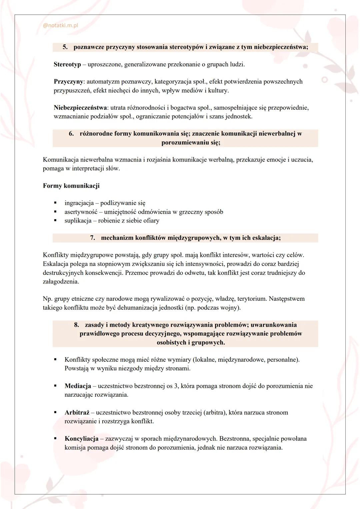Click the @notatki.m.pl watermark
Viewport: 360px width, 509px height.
[x=61, y=25]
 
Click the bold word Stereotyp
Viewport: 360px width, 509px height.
[x=67, y=64]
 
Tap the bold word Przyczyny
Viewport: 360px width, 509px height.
[x=68, y=82]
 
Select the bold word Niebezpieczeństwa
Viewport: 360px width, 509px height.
[x=80, y=108]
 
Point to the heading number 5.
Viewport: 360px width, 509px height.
[x=65, y=47]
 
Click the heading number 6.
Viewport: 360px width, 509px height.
[x=71, y=134]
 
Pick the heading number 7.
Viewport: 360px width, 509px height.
[x=93, y=238]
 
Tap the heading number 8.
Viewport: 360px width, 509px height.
[x=77, y=325]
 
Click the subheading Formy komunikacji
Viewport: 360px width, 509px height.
[x=71, y=186]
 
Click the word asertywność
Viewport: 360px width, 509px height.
[x=81, y=212]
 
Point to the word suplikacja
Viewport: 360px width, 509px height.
[x=78, y=221]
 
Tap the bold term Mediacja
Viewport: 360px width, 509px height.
[x=78, y=386]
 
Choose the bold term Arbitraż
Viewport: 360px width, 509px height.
[x=77, y=412]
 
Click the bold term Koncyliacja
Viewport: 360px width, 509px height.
[x=81, y=439]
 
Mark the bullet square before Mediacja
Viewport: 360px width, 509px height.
[x=55, y=386]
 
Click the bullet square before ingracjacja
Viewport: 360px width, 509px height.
[x=55, y=203]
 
